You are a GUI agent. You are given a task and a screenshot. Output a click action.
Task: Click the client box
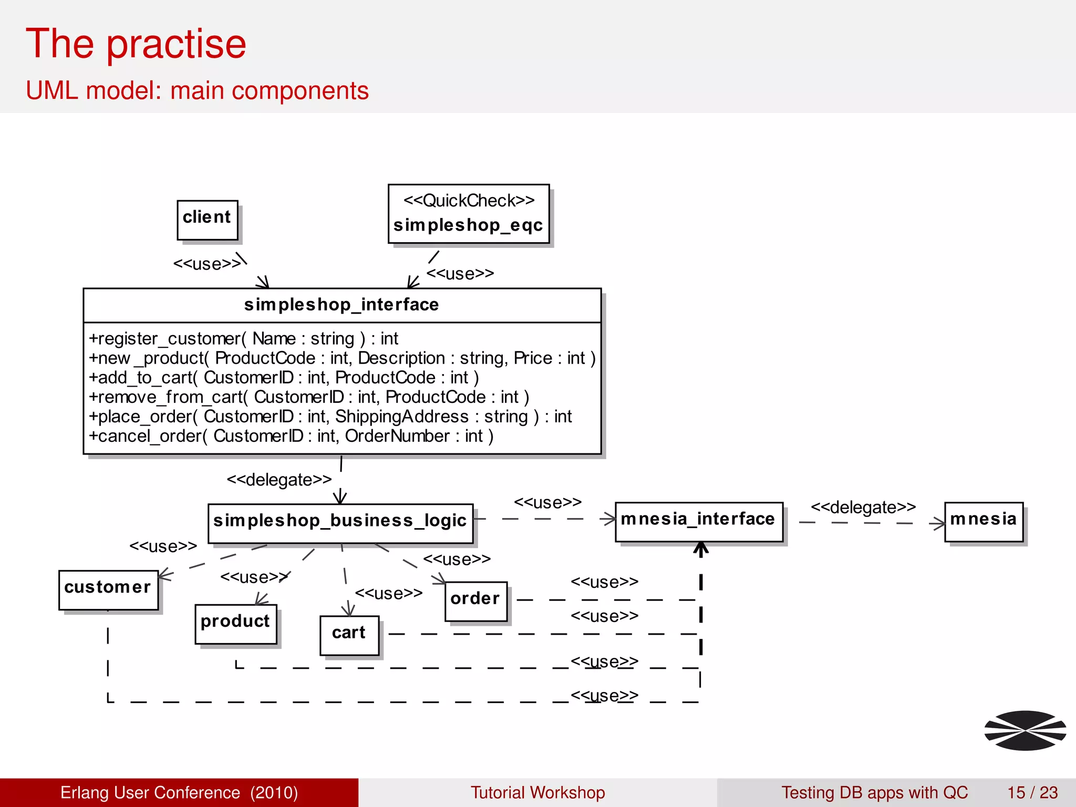click(x=207, y=220)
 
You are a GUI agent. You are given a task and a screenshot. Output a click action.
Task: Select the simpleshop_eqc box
click(x=468, y=214)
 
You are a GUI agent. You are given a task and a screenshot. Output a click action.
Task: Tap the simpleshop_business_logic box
click(x=340, y=523)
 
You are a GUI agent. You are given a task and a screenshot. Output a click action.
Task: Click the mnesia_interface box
click(x=698, y=522)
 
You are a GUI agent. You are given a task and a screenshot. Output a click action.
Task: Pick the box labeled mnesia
click(x=983, y=522)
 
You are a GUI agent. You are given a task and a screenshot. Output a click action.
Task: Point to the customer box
click(x=108, y=589)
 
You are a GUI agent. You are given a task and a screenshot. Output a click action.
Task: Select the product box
click(x=235, y=624)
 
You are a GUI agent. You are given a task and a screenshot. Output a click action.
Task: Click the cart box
click(x=349, y=635)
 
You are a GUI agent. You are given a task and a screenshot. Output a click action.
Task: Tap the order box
click(x=475, y=601)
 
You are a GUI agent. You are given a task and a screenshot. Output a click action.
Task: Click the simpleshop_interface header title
click(x=342, y=305)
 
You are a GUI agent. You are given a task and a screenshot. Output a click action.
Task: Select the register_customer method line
click(x=243, y=338)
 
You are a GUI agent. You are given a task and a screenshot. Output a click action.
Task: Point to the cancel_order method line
click(x=291, y=436)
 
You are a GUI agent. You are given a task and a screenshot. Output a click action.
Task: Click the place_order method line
click(x=329, y=417)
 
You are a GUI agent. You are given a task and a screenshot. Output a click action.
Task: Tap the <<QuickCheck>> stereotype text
click(x=469, y=201)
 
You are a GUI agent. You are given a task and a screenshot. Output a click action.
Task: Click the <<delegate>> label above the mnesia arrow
click(x=863, y=508)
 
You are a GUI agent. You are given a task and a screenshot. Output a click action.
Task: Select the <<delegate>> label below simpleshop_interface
click(x=279, y=480)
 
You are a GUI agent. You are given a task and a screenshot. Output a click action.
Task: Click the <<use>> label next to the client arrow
click(x=207, y=264)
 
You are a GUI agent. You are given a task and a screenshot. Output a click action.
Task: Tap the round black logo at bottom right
click(x=1025, y=730)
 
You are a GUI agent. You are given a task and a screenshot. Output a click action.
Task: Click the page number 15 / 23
click(x=1032, y=792)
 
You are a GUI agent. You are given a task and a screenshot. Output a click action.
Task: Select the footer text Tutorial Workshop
click(x=537, y=792)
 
